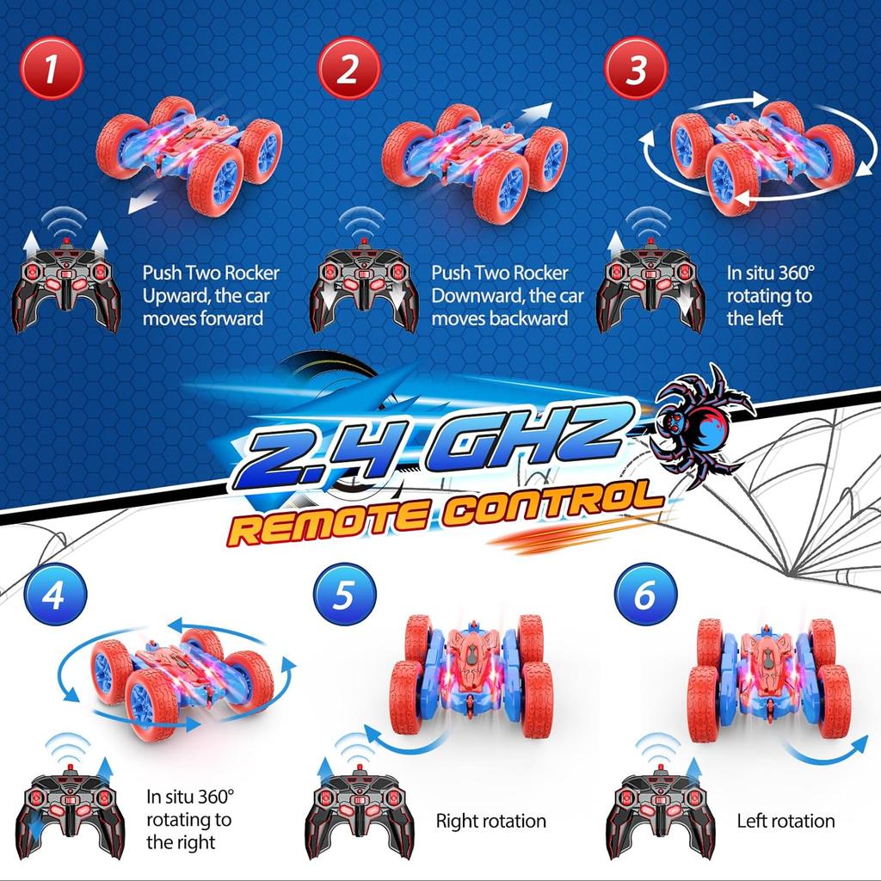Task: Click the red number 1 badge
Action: coord(52,69)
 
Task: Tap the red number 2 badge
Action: coord(349,69)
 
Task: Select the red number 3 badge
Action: coord(636,69)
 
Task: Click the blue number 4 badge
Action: coord(55,595)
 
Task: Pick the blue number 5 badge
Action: coord(344,595)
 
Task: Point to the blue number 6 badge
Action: coord(645,595)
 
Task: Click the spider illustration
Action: coord(699,424)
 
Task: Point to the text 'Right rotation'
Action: coord(491,821)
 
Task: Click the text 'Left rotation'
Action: coord(786,821)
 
